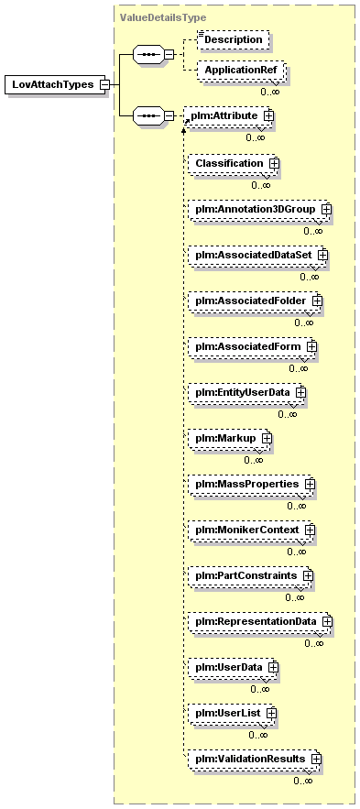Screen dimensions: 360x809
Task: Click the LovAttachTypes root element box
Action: [x=55, y=84]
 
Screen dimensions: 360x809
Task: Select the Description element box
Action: [x=234, y=39]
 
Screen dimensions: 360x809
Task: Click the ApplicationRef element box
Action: [x=240, y=71]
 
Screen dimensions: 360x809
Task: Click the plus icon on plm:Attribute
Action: [x=268, y=116]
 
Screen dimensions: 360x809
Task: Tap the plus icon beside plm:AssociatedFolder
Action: [x=317, y=300]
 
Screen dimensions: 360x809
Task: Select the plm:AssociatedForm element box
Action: [x=251, y=346]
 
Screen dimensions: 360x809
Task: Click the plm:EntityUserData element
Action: [x=246, y=392]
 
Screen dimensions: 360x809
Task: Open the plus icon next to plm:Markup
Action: [x=267, y=438]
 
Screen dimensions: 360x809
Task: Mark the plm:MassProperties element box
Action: [x=250, y=484]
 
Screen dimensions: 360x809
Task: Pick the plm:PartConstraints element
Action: [x=249, y=575]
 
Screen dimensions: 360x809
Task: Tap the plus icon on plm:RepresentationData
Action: [x=326, y=621]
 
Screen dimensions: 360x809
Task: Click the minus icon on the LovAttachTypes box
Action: [x=104, y=84]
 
